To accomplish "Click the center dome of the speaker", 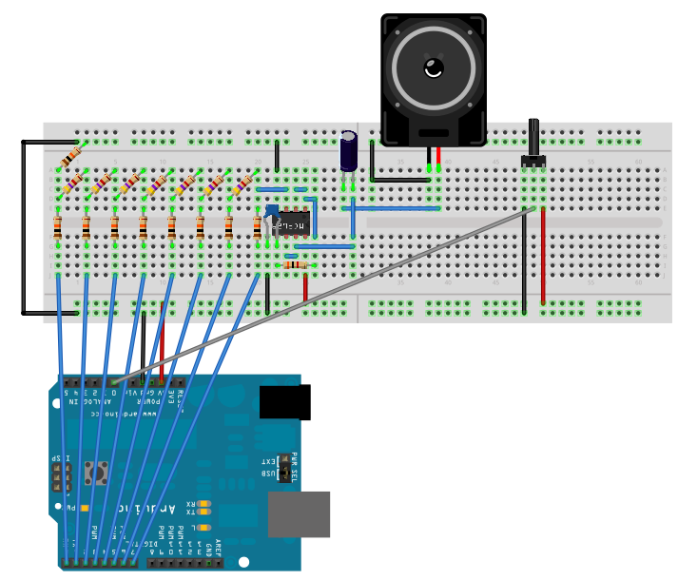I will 434,68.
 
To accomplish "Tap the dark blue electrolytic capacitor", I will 349,151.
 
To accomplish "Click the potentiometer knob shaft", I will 533,137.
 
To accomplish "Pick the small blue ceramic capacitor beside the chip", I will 273,211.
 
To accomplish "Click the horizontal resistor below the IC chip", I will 295,265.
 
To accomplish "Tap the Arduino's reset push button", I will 96,471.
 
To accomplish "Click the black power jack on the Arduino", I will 284,402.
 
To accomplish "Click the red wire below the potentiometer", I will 543,252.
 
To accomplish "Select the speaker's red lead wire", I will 438,157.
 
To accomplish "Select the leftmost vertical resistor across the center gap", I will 58,227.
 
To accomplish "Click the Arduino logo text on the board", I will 143,508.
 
